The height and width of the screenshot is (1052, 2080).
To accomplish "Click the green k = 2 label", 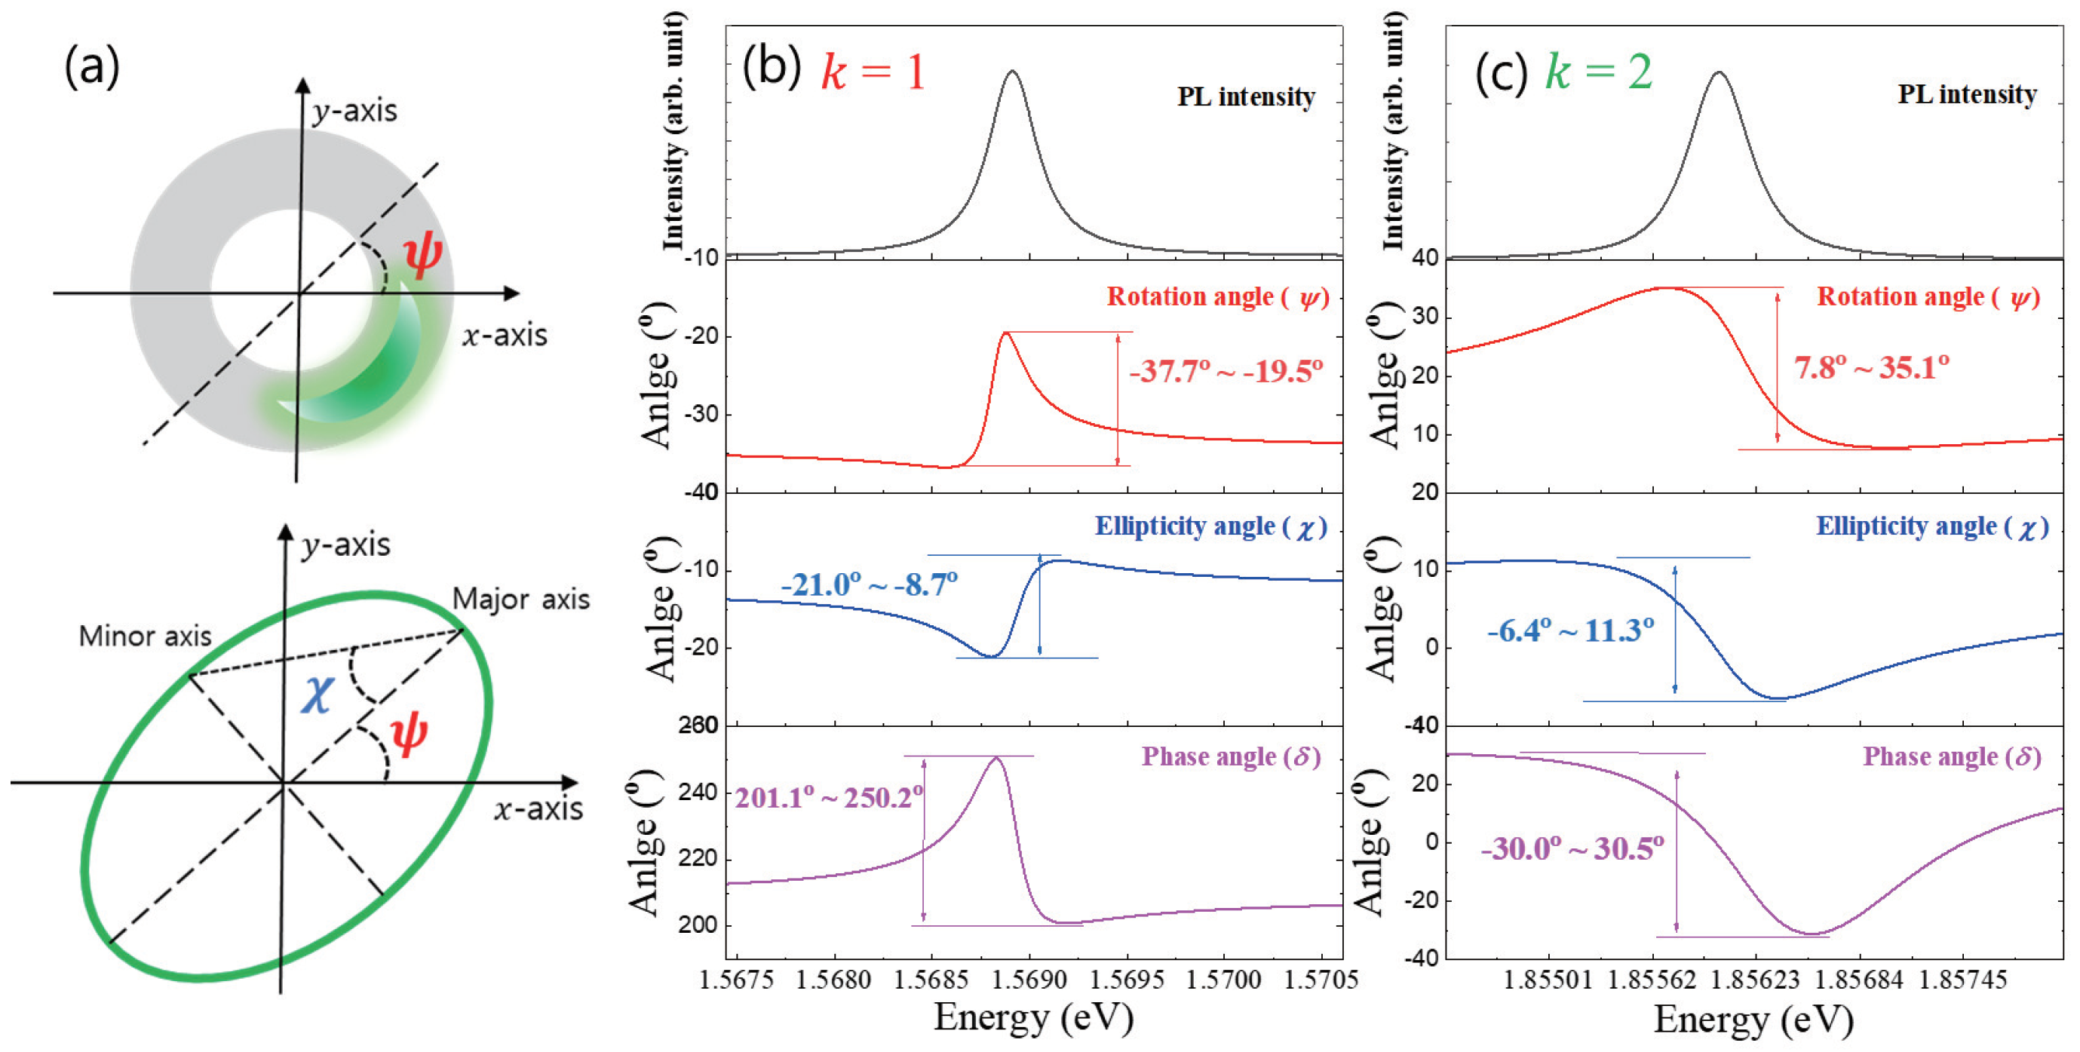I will coord(1599,71).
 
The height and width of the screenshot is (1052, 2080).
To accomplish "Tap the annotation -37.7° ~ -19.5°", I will coord(1226,371).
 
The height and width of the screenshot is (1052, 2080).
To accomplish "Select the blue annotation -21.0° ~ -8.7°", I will coord(869,584).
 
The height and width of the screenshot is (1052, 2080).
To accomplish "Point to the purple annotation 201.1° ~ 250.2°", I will coord(828,798).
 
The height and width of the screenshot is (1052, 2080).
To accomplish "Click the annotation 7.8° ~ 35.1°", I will coord(1871,368).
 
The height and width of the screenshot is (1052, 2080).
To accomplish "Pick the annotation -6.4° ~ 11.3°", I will coord(1569,630).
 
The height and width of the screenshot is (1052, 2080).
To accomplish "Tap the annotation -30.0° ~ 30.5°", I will coord(1571,848).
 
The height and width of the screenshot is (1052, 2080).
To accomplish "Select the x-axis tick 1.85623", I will coord(1756,980).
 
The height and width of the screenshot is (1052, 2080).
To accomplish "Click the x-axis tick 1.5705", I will coord(1321,980).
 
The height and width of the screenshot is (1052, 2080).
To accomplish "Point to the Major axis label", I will coord(521,599).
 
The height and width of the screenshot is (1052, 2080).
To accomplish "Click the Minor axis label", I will coord(145,636).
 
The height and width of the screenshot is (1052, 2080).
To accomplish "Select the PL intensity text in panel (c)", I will coord(1967,94).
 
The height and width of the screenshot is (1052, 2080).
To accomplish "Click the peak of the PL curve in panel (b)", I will coord(1013,72).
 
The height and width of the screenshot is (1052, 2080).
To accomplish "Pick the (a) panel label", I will coord(91,67).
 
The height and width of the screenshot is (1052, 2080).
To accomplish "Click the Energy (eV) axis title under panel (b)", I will coord(1033,1017).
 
